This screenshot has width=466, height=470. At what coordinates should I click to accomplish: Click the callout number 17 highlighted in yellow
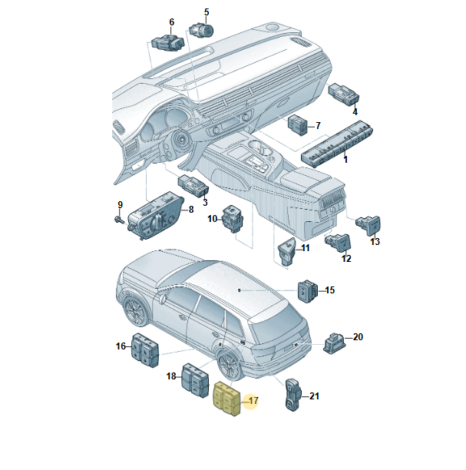click(x=253, y=401)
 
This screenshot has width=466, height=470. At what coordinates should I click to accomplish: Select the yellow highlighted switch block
click(x=226, y=399)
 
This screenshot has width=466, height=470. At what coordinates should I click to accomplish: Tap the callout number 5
click(x=207, y=12)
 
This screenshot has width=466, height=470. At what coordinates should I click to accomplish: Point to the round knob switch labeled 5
click(x=201, y=30)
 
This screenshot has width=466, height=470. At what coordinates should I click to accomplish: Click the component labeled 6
click(x=167, y=42)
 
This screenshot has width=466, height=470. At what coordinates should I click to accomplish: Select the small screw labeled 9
click(x=118, y=220)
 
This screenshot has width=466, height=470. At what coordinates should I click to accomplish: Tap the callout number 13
click(x=375, y=242)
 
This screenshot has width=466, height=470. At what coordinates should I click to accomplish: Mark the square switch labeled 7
click(x=298, y=124)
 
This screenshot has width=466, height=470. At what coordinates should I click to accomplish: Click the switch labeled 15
click(x=308, y=291)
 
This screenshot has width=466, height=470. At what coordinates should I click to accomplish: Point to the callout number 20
click(x=358, y=337)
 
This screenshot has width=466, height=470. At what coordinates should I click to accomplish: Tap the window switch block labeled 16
click(x=145, y=349)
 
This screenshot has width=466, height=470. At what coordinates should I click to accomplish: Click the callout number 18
click(x=171, y=376)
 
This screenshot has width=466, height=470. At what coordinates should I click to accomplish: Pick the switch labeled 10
click(x=233, y=219)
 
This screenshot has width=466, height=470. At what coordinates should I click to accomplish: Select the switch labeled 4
click(x=344, y=94)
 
